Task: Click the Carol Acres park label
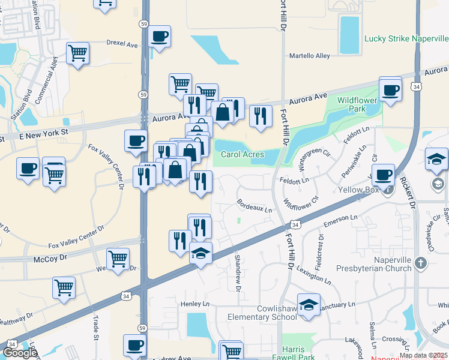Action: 243,154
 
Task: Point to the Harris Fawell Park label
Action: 303,353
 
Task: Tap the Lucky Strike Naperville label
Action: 406,38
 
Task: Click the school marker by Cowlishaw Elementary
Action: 309,305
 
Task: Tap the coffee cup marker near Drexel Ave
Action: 159,37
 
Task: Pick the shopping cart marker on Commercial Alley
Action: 78,54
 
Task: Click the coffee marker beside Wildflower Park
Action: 391,90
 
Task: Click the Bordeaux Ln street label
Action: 255,206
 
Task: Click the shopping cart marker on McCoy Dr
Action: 118,259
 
